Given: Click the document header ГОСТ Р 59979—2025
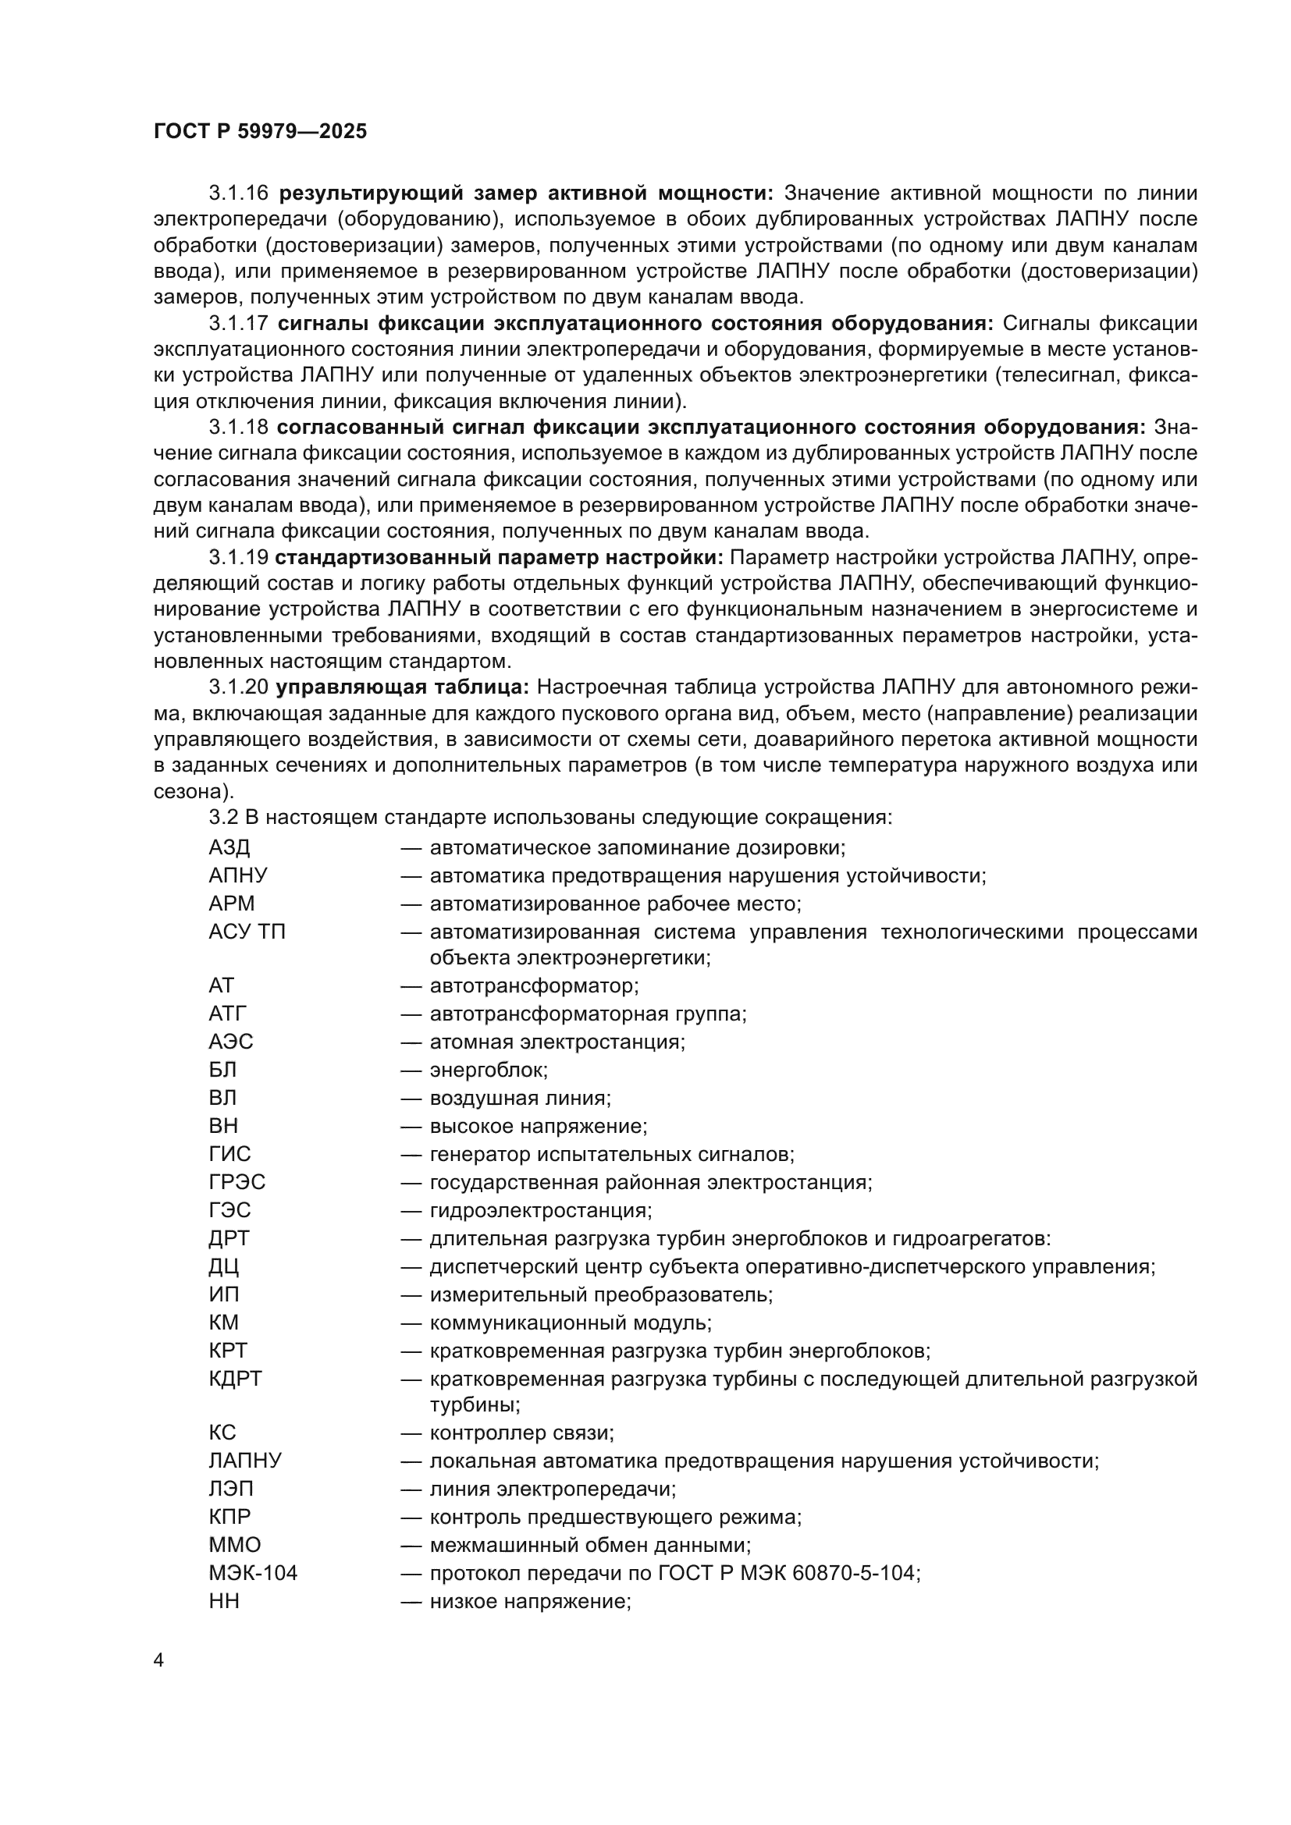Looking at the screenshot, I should point(260,132).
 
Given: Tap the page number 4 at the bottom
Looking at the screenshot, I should point(158,1660).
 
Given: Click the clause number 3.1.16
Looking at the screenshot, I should point(239,194).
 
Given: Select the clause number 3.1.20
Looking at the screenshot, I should point(239,687).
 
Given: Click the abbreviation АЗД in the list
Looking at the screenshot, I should point(229,847).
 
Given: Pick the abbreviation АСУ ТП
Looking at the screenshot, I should point(247,932).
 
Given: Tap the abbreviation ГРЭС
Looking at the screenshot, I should point(237,1182).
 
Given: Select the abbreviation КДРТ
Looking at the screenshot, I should point(234,1378).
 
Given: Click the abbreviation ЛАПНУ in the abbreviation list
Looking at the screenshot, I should point(245,1460).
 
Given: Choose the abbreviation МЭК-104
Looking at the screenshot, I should point(253,1572).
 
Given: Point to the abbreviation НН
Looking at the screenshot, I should point(223,1601).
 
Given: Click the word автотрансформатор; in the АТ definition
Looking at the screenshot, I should point(534,985).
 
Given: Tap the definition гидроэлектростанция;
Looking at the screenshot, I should point(541,1210).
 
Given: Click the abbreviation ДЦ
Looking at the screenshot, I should point(223,1266).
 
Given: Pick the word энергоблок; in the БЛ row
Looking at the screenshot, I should point(489,1070).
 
